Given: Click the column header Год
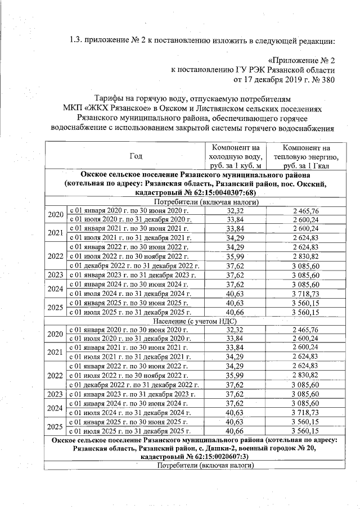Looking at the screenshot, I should coord(136,156).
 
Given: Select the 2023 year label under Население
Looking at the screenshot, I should coord(55,394).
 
